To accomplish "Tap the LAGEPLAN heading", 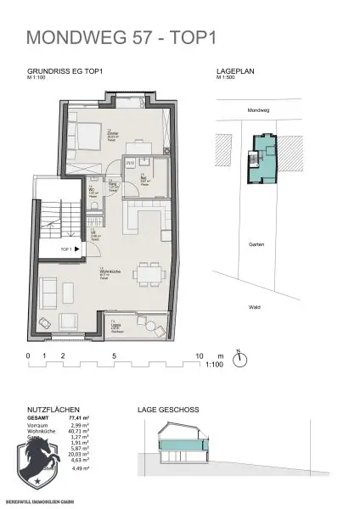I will coord(236,74).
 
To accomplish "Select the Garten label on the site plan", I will coord(257,244).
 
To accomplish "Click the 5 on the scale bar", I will coord(113,355).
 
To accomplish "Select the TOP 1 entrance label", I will coord(67,249).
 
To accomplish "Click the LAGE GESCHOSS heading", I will coord(168,410).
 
